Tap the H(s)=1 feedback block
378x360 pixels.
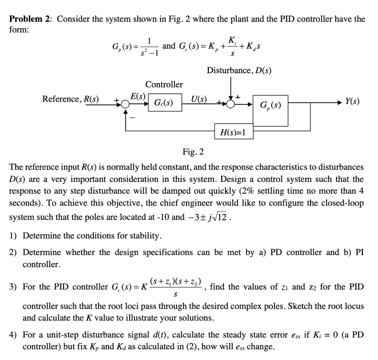234,132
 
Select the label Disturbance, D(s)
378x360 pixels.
239,70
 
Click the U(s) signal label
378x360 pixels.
199,99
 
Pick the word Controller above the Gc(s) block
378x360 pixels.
164,84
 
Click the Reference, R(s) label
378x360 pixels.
71,99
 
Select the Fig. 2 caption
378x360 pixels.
193,152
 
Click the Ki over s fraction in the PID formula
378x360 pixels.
233,46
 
